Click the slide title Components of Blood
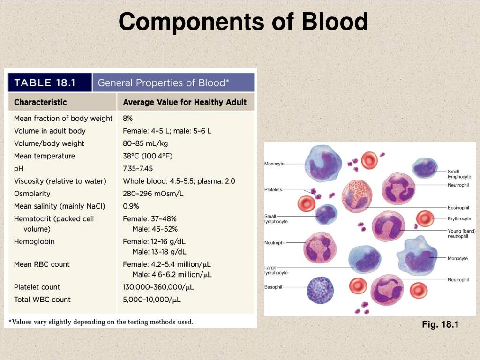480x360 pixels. pos(243,22)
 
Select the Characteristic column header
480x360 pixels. pos(40,102)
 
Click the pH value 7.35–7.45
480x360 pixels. pos(138,168)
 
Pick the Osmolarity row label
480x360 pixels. pos(32,194)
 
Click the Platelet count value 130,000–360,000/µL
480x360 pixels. pos(152,287)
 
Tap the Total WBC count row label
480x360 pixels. pos(42,300)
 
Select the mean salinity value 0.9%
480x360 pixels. pos(131,206)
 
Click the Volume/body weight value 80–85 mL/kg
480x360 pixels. pos(146,143)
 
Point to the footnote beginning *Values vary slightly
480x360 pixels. pos(101,322)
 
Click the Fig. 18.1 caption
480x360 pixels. pos(440,324)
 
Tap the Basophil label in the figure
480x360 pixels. pos(273,287)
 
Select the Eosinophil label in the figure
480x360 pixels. pos(458,207)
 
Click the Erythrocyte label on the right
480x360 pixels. pos(459,219)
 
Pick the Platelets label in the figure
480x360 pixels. pos(273,190)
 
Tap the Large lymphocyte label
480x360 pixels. pos(276,270)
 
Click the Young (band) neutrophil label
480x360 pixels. pos(461,233)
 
